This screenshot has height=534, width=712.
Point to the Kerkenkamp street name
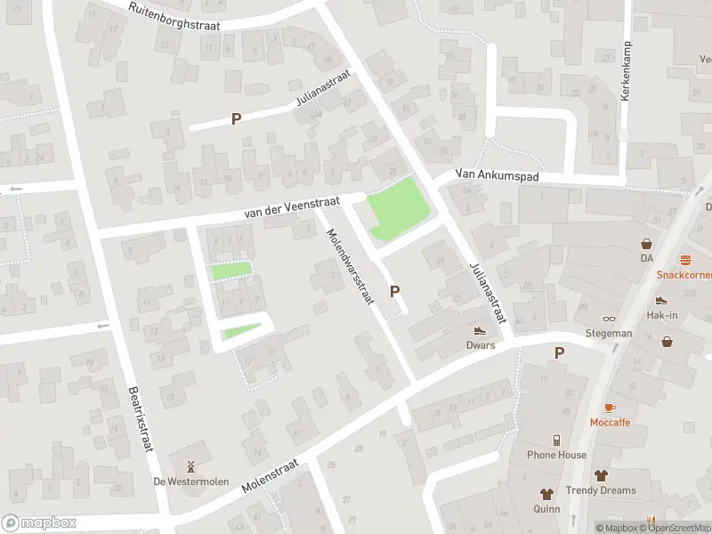(x=627, y=70)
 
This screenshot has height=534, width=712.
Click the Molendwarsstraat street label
(x=348, y=266)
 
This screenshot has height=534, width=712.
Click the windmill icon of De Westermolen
(x=190, y=465)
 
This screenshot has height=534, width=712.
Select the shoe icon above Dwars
(x=479, y=329)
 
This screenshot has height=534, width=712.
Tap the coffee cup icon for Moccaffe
(x=610, y=408)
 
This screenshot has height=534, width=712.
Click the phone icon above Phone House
(x=555, y=440)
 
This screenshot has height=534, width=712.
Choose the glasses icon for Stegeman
(x=609, y=319)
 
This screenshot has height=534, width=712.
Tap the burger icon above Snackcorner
(x=685, y=260)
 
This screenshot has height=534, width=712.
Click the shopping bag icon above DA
(x=646, y=243)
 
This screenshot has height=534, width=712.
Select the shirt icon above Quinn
(x=547, y=494)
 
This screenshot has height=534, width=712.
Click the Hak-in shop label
(x=662, y=315)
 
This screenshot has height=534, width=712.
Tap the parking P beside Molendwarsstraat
(x=394, y=291)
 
